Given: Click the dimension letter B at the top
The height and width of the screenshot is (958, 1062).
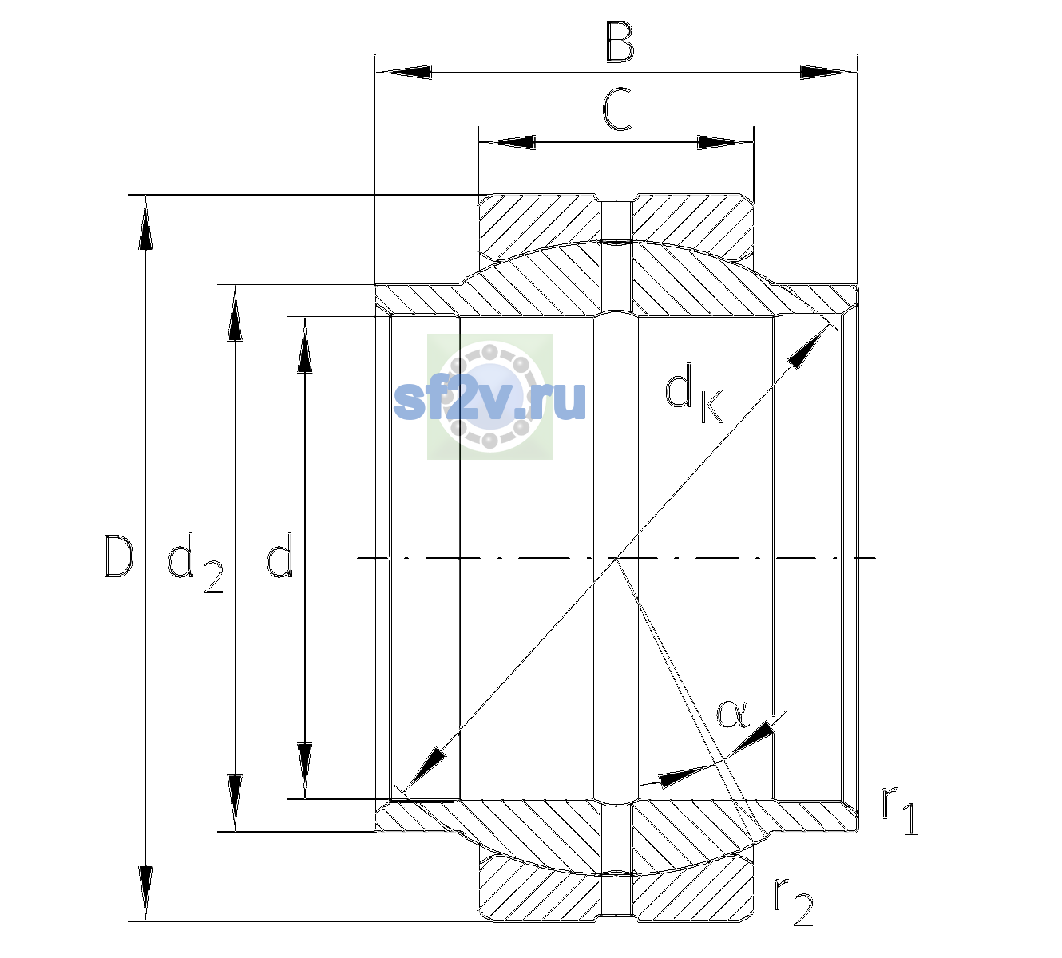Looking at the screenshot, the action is (620, 42).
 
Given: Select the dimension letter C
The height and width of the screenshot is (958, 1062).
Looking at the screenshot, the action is (616, 109).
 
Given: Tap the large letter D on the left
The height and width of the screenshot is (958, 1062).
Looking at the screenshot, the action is (117, 556).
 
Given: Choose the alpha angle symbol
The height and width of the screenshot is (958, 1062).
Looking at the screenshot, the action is (733, 714).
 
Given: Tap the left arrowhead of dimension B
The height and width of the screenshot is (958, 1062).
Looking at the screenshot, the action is (404, 72).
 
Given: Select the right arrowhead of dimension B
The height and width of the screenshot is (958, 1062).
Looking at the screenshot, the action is (828, 72).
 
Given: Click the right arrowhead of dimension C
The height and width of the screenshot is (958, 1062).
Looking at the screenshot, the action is (725, 142).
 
